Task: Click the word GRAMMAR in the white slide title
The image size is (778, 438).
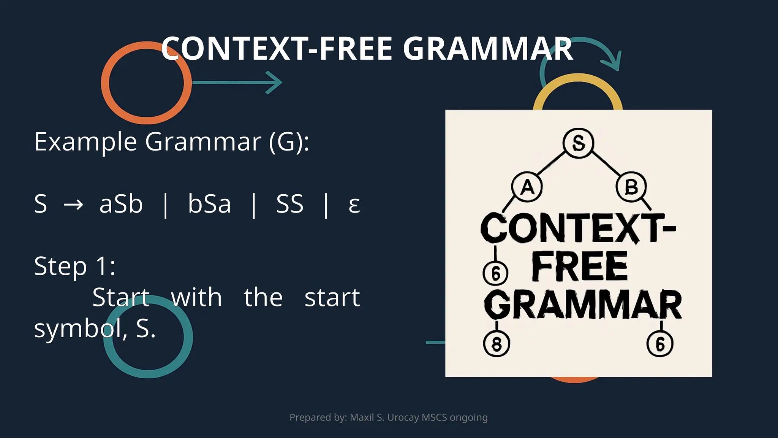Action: click(488, 49)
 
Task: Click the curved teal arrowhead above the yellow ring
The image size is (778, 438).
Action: click(613, 62)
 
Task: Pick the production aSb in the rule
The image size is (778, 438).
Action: click(121, 204)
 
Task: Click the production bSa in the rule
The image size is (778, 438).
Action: click(209, 204)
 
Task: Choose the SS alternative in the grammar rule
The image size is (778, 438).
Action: click(289, 204)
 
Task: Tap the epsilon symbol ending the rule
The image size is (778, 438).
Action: click(354, 205)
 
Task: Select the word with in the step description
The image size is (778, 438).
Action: click(196, 297)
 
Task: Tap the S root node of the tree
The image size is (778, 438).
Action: click(578, 143)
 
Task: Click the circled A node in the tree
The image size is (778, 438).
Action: click(527, 187)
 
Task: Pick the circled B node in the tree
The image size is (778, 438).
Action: click(631, 187)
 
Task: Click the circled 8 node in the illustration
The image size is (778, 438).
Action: click(497, 344)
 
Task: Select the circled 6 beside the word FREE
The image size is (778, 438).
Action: click(495, 273)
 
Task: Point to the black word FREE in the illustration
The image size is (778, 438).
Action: click(579, 267)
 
